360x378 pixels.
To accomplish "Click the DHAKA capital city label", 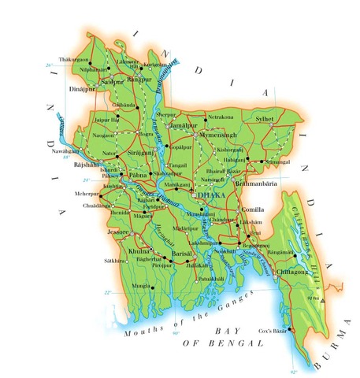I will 210,194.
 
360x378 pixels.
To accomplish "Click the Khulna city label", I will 140,250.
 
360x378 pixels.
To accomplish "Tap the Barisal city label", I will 182,254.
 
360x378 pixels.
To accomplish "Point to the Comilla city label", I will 252,210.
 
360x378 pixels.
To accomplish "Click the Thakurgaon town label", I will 87,59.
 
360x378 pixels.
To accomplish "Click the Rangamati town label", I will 304,251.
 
